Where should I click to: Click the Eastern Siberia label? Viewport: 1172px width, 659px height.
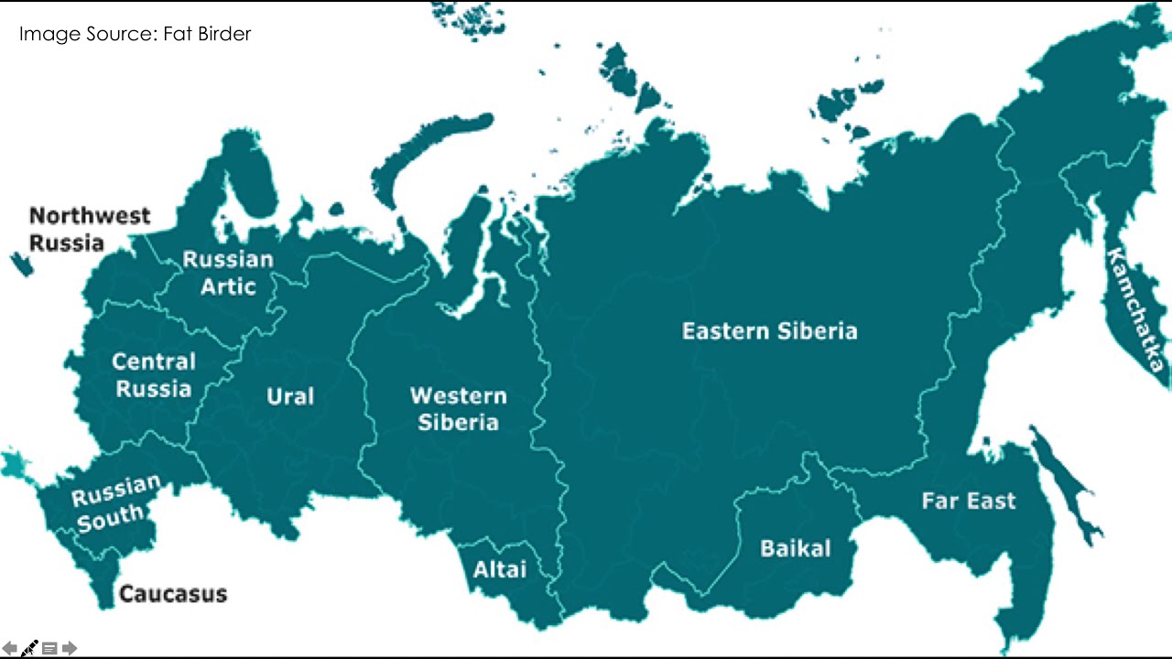coord(769,330)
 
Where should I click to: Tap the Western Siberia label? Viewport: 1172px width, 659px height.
coord(458,409)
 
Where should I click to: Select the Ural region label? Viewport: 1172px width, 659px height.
coord(290,396)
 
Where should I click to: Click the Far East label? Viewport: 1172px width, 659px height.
coord(968,501)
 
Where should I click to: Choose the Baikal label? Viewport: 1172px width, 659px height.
coord(796,548)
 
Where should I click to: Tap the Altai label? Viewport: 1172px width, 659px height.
coord(500,569)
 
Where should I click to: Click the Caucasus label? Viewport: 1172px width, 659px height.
coord(173,594)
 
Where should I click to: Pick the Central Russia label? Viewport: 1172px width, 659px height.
coord(154,375)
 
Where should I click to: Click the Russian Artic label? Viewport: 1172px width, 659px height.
coord(228,273)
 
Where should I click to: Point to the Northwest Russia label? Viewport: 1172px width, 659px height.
coord(89,229)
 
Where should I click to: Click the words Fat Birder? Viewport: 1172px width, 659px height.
coord(207,35)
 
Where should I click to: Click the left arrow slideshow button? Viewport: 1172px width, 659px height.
coord(10,648)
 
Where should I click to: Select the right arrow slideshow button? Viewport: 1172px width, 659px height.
coord(70,648)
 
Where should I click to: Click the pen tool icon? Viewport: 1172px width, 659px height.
coord(29,648)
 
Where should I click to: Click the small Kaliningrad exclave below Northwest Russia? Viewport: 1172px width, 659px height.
coord(22,265)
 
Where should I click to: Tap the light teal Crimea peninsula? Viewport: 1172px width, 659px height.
coord(14,465)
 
